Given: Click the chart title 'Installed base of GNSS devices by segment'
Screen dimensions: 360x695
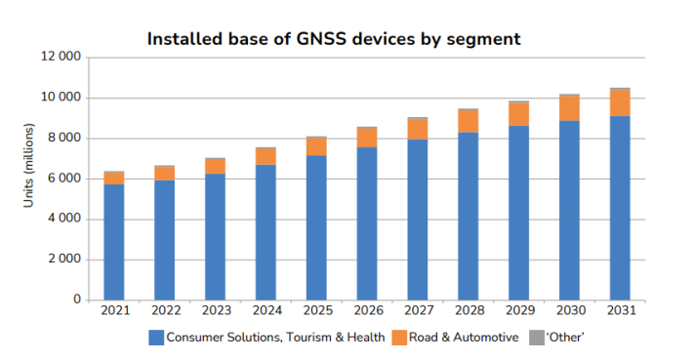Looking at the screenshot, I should [x=333, y=39].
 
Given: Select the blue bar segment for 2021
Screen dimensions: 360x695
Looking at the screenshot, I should [x=114, y=242].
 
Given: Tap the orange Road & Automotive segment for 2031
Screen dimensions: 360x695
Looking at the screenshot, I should [x=619, y=102].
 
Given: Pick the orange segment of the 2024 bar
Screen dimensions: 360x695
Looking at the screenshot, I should [x=266, y=156].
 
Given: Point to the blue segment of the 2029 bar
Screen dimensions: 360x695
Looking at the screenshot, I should [x=518, y=213].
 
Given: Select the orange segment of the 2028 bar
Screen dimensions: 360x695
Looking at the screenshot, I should [x=468, y=121].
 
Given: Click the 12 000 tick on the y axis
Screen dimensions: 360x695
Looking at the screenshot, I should [x=61, y=58].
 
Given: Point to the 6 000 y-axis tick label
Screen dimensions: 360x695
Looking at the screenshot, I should [x=63, y=179].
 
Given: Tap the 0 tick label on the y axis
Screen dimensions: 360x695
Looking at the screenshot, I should [x=75, y=300].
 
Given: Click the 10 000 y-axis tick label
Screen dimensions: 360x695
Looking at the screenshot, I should [x=61, y=98].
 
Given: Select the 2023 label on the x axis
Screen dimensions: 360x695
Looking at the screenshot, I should [x=215, y=311].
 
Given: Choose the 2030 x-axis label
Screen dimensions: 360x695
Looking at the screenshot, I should [x=568, y=311].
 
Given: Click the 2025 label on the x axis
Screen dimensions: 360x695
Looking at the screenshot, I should [x=316, y=311].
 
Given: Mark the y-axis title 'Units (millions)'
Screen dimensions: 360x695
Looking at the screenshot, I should [x=29, y=179].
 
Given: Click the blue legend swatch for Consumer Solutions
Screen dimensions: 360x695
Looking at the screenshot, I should [x=155, y=338].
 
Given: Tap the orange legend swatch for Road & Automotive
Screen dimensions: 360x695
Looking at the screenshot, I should [x=398, y=338].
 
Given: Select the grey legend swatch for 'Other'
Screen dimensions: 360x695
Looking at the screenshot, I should [x=533, y=338].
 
